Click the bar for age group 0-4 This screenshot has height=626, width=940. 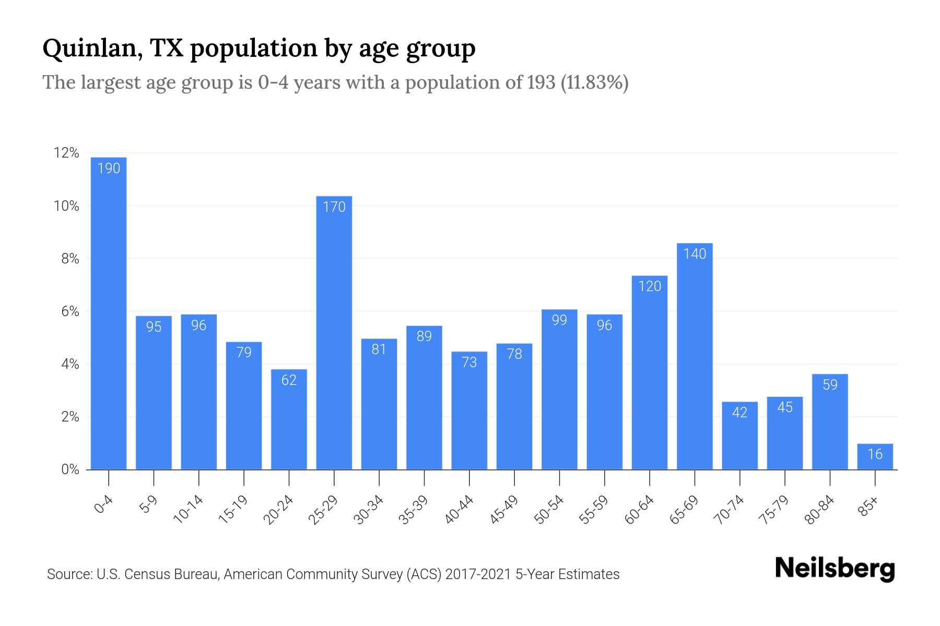(x=109, y=313)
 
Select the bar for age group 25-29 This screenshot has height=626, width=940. (x=334, y=334)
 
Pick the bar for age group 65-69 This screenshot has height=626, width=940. (x=695, y=360)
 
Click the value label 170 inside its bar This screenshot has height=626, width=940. (x=334, y=207)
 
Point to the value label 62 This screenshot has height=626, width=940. (x=289, y=380)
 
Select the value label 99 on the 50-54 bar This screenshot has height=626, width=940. (x=559, y=320)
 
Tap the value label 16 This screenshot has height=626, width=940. (x=875, y=454)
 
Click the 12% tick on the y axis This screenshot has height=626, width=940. (x=66, y=153)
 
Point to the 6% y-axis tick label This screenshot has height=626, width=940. (x=70, y=312)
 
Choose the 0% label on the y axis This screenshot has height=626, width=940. (x=70, y=470)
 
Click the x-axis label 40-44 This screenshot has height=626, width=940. (x=460, y=510)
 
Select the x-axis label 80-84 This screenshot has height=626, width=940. (x=820, y=510)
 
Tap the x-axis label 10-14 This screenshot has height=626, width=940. (x=189, y=510)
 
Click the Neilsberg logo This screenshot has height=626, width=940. (x=835, y=569)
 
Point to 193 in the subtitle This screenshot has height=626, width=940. (x=541, y=82)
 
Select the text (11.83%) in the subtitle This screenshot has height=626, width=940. (x=595, y=82)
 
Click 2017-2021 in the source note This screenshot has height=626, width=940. (x=478, y=574)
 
